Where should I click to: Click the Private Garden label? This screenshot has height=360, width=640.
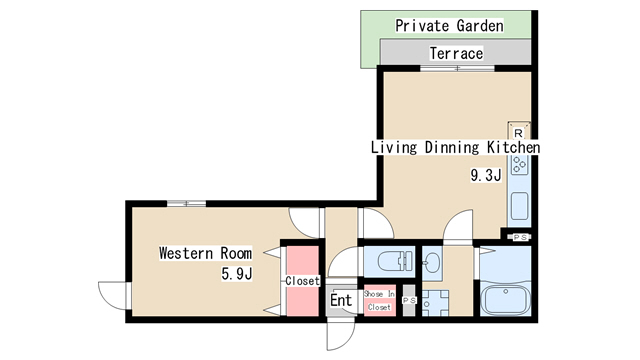click(x=449, y=26)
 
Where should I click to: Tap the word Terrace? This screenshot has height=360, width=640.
click(x=456, y=53)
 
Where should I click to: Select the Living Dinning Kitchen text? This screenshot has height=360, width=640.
click(x=455, y=147)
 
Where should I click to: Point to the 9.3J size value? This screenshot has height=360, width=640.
click(x=486, y=176)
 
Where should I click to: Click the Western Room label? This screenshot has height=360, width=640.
click(x=205, y=253)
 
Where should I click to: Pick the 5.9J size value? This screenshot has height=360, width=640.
click(x=237, y=273)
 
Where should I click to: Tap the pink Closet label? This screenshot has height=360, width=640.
click(x=302, y=281)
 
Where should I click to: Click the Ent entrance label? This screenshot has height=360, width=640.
click(x=341, y=300)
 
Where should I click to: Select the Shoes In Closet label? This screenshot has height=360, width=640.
click(x=379, y=300)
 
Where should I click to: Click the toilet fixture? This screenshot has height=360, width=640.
click(x=395, y=261)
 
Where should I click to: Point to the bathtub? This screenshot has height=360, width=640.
click(x=506, y=301)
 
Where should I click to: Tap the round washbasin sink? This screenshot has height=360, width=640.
click(x=431, y=260)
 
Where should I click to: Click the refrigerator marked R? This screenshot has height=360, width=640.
click(x=518, y=131)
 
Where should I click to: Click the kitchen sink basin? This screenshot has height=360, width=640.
click(x=520, y=206)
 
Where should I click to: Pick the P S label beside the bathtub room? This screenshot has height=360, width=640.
click(x=520, y=237)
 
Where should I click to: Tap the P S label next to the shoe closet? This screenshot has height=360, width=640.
click(x=409, y=300)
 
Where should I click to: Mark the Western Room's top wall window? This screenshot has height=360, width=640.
click(x=187, y=203)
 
